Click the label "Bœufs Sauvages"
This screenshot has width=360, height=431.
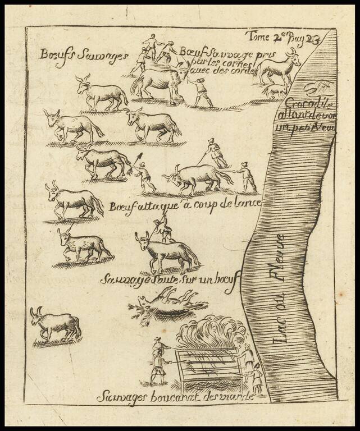point(84,55)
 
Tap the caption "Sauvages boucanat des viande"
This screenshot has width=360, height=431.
point(175,397)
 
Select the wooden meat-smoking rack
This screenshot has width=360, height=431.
point(208,368)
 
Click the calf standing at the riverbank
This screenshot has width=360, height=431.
point(279,67)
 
